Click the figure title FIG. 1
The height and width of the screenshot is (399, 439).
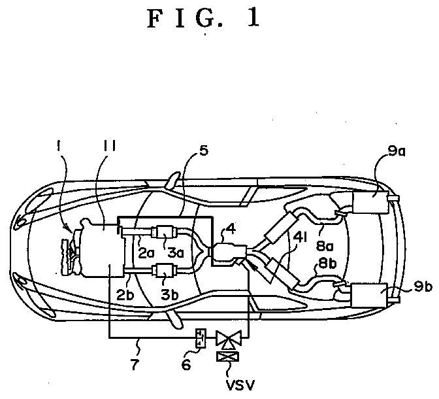pos(203,18)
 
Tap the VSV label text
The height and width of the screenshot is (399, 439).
pos(240,385)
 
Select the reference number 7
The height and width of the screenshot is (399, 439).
pos(135,364)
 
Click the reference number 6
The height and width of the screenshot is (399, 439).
pos(186,364)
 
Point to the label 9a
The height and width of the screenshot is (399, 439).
pos(397,151)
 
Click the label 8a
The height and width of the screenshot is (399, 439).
pos(325,246)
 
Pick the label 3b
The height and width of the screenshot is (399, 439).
pos(170,294)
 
